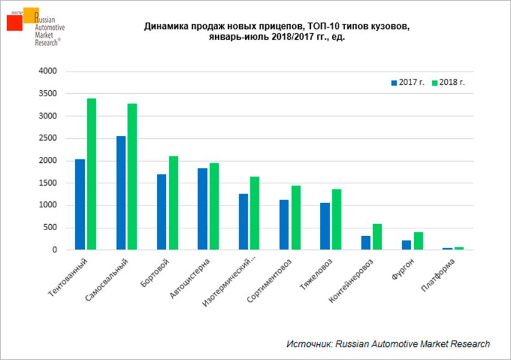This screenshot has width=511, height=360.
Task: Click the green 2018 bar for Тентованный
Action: (92, 174)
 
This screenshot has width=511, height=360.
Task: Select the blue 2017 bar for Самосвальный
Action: (121, 192)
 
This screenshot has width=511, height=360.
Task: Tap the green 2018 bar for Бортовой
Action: (173, 203)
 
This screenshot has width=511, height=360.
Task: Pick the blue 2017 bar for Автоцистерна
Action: (203, 209)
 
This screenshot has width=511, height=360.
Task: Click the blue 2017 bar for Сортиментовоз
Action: (284, 224)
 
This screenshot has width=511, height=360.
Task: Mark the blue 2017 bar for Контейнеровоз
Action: (366, 242)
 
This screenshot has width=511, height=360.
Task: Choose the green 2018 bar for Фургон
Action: (418, 240)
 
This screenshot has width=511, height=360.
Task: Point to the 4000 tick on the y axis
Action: (47, 72)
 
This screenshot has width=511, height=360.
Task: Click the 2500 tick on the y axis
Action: (47, 138)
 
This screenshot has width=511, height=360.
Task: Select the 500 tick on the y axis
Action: (50, 228)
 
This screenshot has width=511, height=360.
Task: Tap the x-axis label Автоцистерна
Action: (192, 279)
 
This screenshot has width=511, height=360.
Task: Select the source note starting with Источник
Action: (388, 344)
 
